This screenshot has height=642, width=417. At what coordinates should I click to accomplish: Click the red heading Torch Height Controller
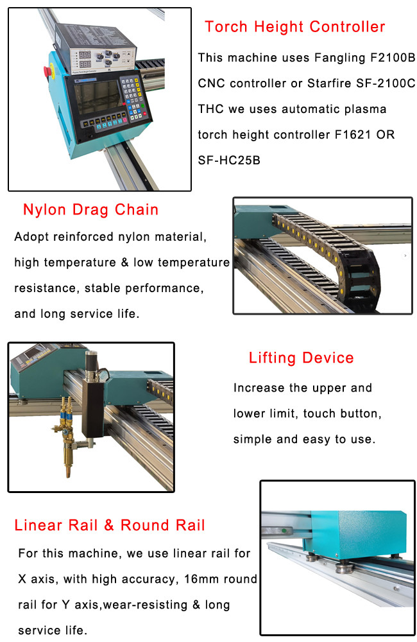click(x=294, y=26)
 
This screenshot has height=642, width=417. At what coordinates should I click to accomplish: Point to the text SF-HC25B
click(x=229, y=160)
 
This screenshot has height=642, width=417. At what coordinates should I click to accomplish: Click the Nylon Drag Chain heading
click(x=90, y=209)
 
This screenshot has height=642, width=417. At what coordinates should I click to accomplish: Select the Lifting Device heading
click(x=301, y=358)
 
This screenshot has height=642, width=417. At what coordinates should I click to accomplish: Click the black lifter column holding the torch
click(x=93, y=408)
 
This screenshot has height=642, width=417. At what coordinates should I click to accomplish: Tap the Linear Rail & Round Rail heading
click(x=109, y=525)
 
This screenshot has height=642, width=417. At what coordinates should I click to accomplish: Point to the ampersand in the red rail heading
click(x=109, y=525)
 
